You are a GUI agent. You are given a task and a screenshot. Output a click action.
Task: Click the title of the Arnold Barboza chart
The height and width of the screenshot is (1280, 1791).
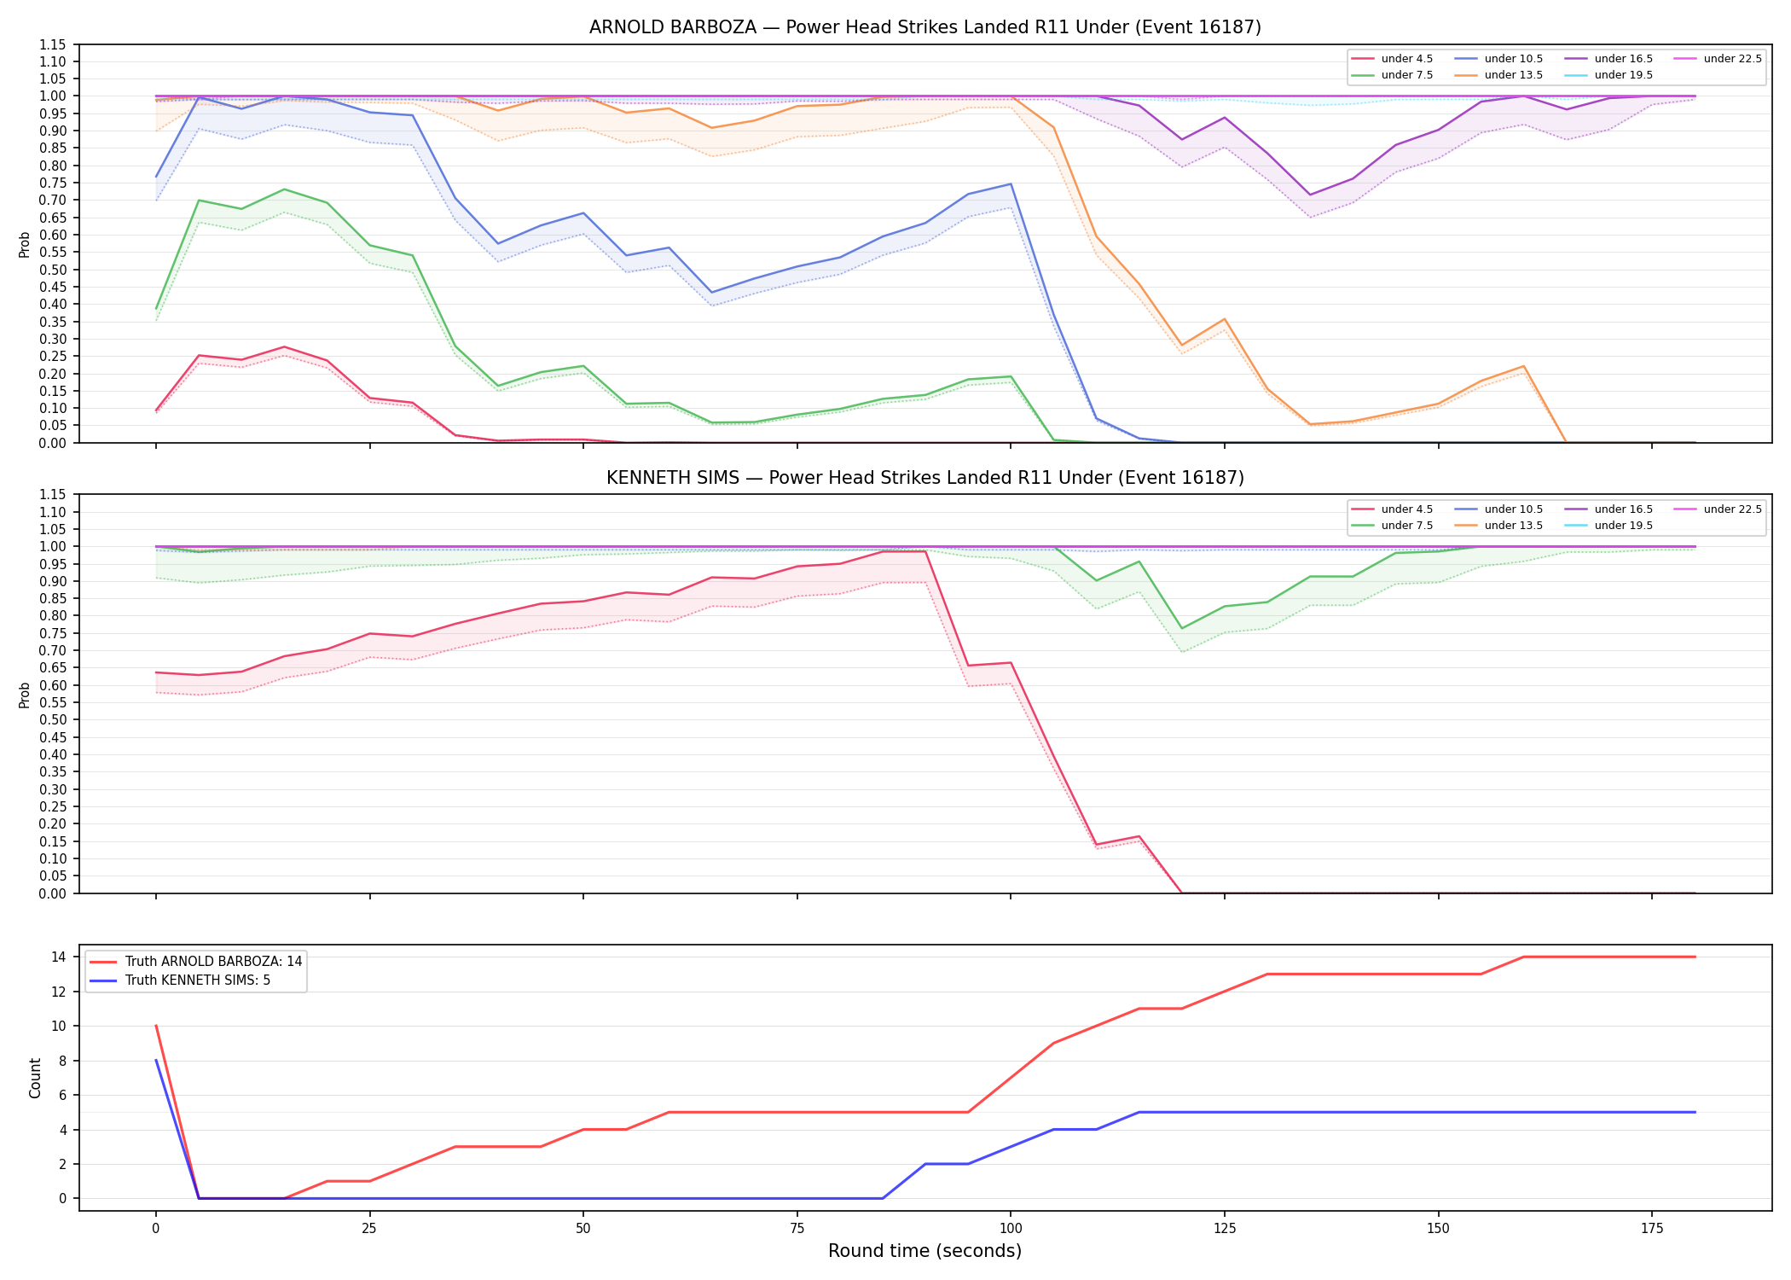pyautogui.click(x=924, y=27)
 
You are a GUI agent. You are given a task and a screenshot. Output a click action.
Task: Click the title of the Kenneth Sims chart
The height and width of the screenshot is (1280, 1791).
pyautogui.click(x=924, y=478)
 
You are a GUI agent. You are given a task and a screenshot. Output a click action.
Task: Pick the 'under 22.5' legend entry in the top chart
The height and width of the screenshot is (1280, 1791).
pyautogui.click(x=1719, y=59)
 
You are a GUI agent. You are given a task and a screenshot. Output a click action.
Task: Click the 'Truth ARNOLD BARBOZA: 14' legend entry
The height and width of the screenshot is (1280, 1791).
pyautogui.click(x=196, y=961)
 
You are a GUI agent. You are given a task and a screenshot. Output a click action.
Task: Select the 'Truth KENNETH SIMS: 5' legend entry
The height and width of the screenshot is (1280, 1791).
pyautogui.click(x=180, y=980)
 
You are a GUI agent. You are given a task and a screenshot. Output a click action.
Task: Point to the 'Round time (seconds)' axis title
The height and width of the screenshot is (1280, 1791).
pyautogui.click(x=924, y=1251)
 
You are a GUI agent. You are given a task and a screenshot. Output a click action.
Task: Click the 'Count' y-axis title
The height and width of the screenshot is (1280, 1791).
pyautogui.click(x=35, y=1078)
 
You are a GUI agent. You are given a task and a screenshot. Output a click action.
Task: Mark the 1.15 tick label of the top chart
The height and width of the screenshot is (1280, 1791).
pyautogui.click(x=51, y=44)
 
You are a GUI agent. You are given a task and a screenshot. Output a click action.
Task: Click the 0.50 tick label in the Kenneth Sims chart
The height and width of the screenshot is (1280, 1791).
pyautogui.click(x=51, y=719)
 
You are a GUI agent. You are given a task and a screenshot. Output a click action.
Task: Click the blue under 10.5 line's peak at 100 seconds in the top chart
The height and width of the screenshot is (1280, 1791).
pyautogui.click(x=1011, y=183)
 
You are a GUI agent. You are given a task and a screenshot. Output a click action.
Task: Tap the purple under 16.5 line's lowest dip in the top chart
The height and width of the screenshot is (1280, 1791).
pyautogui.click(x=1310, y=195)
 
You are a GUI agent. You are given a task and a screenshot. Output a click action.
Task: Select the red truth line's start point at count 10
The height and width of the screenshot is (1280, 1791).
pyautogui.click(x=156, y=1026)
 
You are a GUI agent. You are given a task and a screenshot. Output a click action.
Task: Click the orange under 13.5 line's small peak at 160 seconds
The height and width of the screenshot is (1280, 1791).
pyautogui.click(x=1523, y=366)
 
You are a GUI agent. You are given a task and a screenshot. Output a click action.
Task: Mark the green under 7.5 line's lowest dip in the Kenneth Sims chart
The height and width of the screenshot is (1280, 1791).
pyautogui.click(x=1182, y=628)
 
